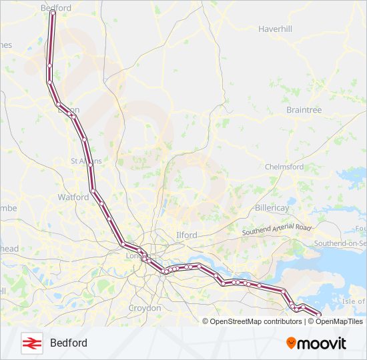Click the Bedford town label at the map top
56,8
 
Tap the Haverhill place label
276,29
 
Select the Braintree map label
304,109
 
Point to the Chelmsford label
284,167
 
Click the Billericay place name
272,208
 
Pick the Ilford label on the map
187,235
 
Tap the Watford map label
73,197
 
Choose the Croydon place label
145,308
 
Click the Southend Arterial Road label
277,229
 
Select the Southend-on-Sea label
340,244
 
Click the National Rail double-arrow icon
31,343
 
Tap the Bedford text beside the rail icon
68,343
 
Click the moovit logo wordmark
322,343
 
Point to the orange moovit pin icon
291,343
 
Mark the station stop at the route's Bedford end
53,13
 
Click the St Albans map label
86,161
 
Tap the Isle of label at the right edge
354,302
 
